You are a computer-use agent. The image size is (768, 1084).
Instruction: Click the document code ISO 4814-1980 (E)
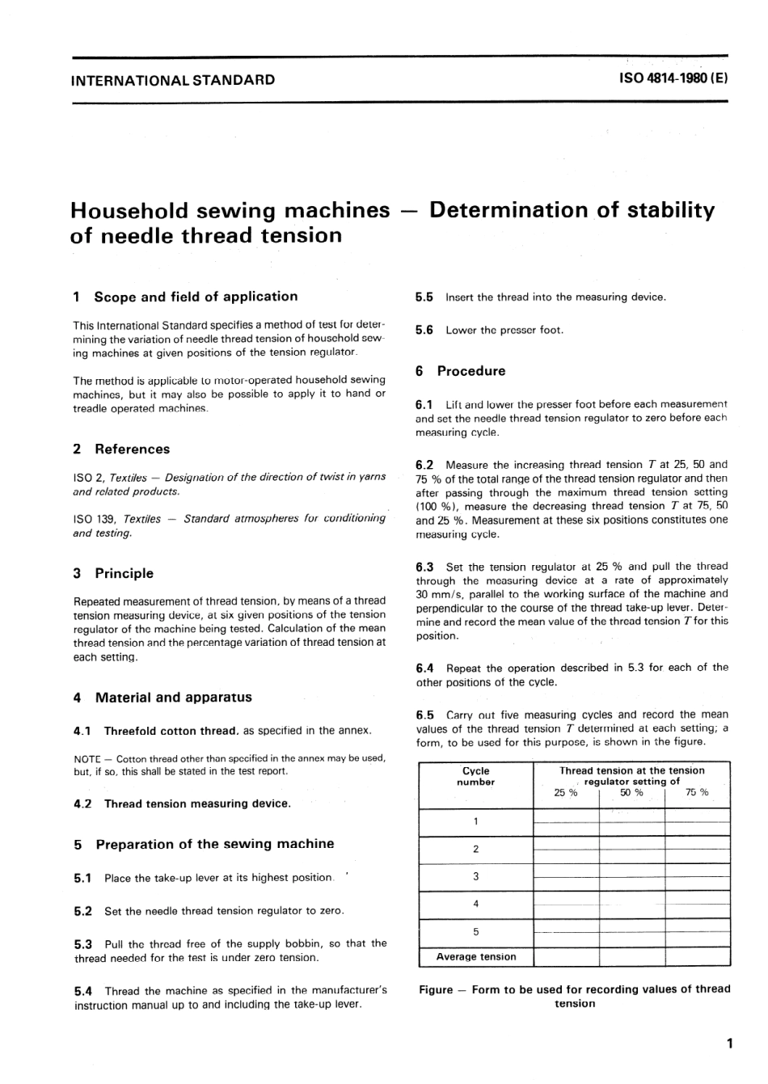(x=673, y=79)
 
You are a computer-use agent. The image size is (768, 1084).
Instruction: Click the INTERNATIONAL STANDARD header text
(x=173, y=80)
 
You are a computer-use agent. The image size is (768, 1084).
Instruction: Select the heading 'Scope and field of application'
(x=196, y=297)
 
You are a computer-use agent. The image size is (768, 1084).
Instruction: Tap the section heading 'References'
(x=133, y=449)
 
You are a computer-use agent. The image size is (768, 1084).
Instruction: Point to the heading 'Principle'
(x=124, y=573)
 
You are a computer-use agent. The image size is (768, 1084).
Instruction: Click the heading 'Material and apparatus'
(x=173, y=697)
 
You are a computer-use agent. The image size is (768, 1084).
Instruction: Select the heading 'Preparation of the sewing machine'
(x=214, y=844)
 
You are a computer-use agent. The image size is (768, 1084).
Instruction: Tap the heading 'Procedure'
(x=471, y=371)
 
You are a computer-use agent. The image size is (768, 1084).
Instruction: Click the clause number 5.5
(x=424, y=297)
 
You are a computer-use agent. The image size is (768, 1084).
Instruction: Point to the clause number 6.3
(x=424, y=567)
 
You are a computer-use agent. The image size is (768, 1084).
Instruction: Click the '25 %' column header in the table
(x=566, y=793)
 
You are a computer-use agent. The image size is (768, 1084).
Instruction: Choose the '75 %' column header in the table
(x=697, y=793)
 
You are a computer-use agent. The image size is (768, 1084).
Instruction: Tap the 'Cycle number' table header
(x=475, y=776)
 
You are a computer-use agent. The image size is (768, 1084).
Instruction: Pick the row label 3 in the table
(x=475, y=876)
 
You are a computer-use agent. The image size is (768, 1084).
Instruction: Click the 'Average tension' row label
(x=475, y=956)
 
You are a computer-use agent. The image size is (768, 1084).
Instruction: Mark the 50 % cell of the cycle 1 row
(x=631, y=822)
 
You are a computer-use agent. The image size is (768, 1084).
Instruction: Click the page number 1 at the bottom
(x=729, y=1044)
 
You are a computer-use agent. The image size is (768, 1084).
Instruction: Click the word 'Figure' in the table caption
(x=436, y=989)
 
